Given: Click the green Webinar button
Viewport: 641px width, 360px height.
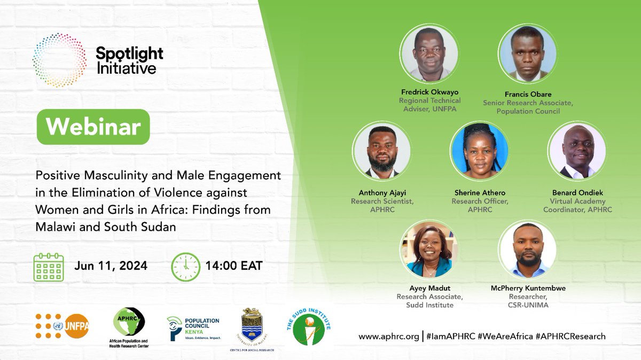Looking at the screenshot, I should click(x=93, y=127).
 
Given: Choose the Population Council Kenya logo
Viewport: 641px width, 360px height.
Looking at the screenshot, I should click(x=193, y=327).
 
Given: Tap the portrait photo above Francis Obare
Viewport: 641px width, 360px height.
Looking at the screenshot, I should click(x=527, y=54).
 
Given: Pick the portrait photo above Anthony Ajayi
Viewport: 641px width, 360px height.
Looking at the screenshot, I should click(x=381, y=150).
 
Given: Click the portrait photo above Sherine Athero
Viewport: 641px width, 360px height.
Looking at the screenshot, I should click(x=479, y=150).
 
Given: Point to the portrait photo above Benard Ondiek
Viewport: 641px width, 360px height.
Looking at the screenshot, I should click(x=577, y=150).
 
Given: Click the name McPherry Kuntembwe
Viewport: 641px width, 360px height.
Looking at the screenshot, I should click(x=527, y=288).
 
